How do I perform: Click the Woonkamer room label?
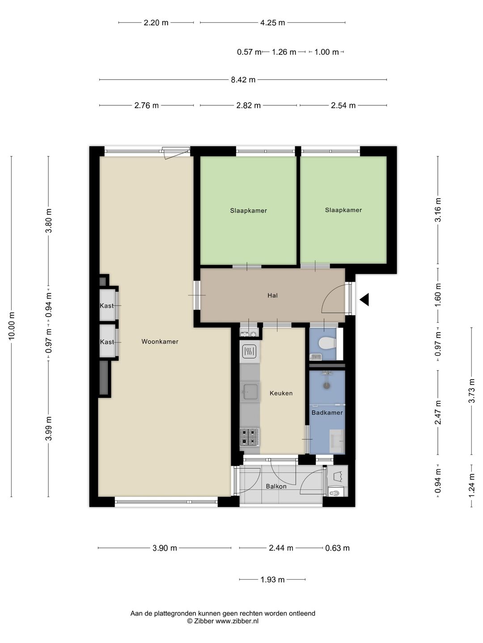[160, 341]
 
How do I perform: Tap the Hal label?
[272, 295]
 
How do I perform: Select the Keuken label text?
[281, 393]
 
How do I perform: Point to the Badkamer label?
[327, 413]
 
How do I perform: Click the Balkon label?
[276, 487]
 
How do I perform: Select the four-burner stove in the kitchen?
[250, 437]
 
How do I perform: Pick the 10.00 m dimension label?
[12, 326]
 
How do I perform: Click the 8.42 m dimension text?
[243, 79]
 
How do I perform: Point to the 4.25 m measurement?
[272, 23]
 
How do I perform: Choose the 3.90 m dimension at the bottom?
[165, 548]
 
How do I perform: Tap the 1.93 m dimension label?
[272, 580]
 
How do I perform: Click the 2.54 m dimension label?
[343, 105]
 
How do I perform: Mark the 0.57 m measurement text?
[249, 52]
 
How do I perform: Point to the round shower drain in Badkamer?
[326, 386]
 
